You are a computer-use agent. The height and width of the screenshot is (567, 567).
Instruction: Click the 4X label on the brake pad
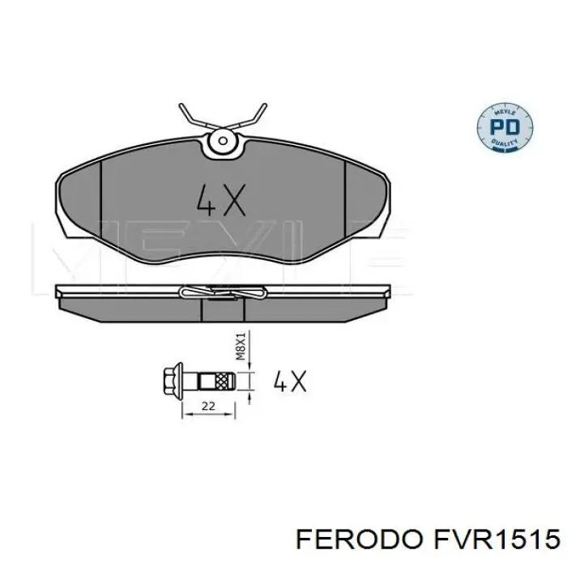pos(221,199)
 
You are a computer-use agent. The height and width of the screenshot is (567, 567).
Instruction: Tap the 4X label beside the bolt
pos(289,380)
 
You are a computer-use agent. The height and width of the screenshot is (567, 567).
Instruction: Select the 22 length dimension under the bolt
pos(208,407)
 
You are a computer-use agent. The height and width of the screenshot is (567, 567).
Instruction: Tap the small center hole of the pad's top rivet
pos(220,144)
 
